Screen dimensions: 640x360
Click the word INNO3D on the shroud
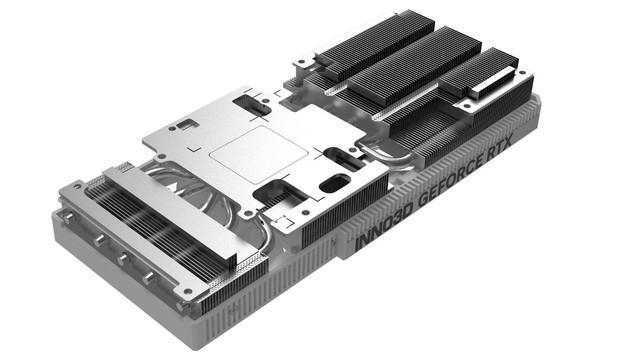point(385,226)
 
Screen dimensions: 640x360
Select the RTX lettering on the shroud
point(500,149)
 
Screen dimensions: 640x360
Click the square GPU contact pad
point(259,154)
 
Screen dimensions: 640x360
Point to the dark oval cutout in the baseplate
point(335,183)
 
